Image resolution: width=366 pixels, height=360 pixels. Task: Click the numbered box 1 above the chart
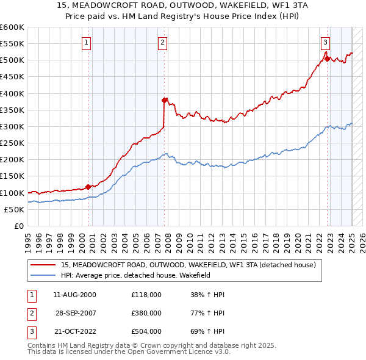pos(87,43)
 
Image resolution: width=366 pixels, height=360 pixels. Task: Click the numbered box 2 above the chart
pos(163,43)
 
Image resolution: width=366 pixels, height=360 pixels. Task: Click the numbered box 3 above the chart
pos(326,43)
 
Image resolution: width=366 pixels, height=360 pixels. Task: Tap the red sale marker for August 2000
pos(88,187)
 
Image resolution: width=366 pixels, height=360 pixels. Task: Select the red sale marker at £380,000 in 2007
pos(164,100)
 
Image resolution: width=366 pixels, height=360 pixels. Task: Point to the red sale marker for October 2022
pos(327,59)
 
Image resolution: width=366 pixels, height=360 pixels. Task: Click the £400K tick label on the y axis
pos(12,93)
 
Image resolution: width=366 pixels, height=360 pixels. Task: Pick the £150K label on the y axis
pos(12,176)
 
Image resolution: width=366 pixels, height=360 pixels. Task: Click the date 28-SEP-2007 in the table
pos(76,313)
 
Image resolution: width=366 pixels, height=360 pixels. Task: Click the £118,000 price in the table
pos(146,295)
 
